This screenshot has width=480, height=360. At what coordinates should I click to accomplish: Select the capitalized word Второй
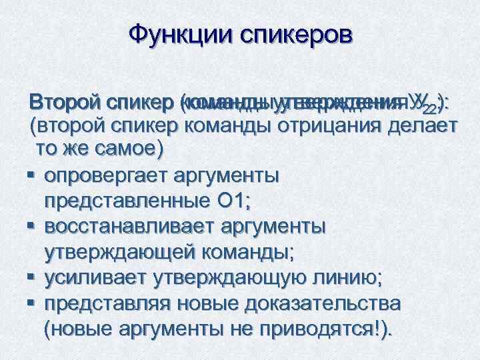[x=65, y=104]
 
